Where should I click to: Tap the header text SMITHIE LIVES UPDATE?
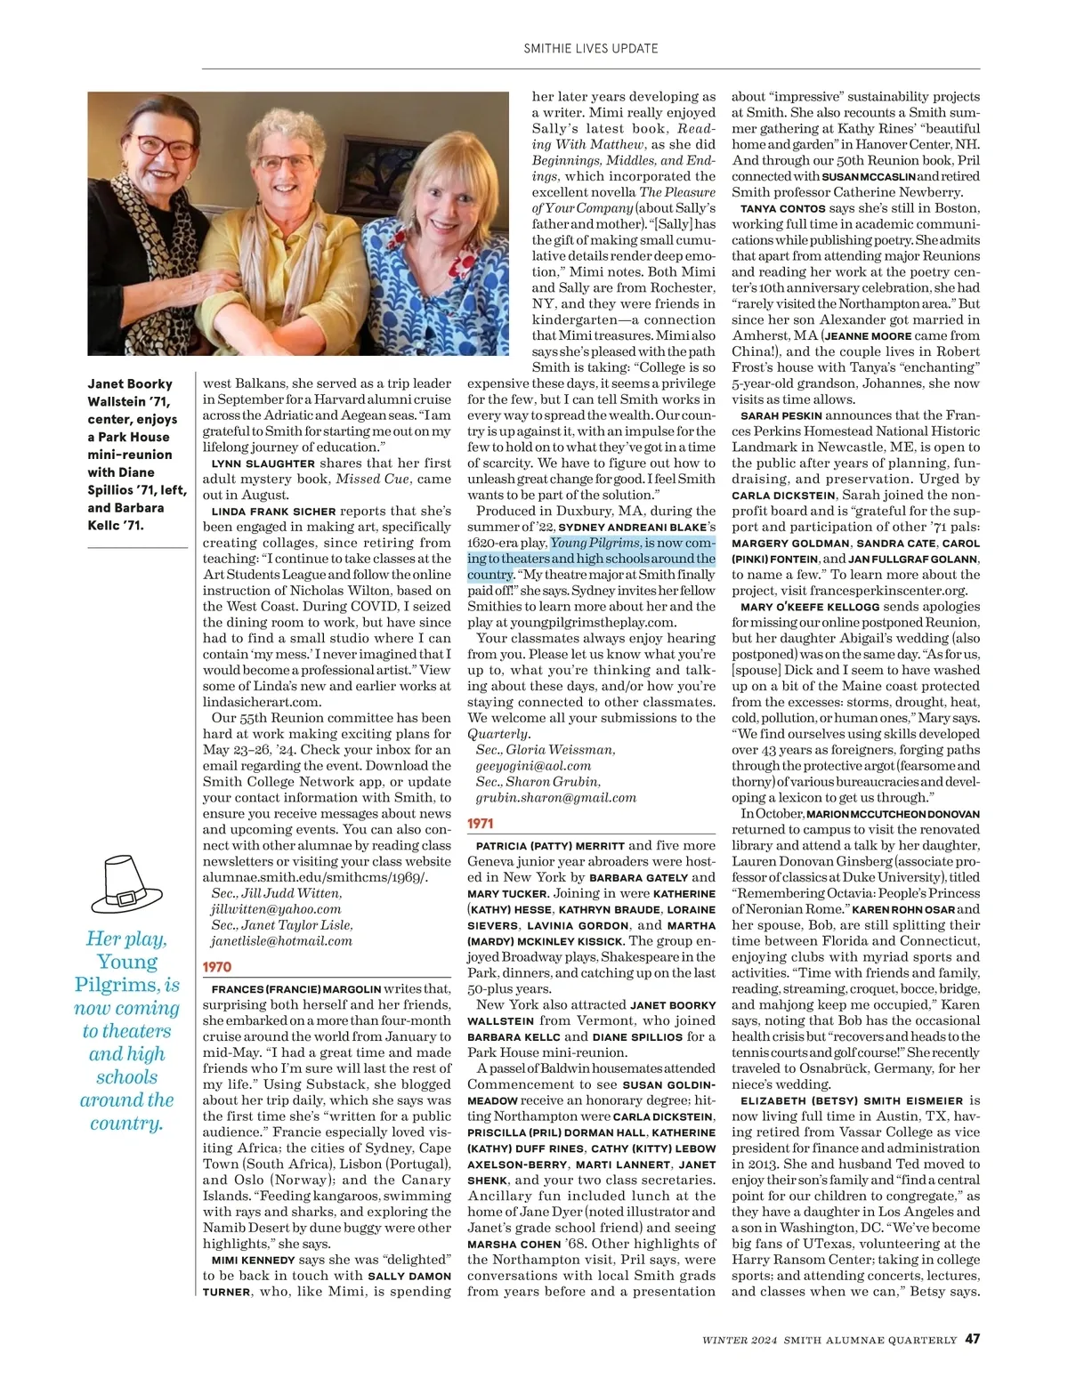591,48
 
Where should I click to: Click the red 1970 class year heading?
217,967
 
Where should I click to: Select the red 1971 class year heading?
481,824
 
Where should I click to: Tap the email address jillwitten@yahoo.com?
276,909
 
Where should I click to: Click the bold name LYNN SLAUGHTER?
263,463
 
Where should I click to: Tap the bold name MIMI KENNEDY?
253,1260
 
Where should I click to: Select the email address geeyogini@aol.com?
533,766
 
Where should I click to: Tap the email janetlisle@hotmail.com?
281,941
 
